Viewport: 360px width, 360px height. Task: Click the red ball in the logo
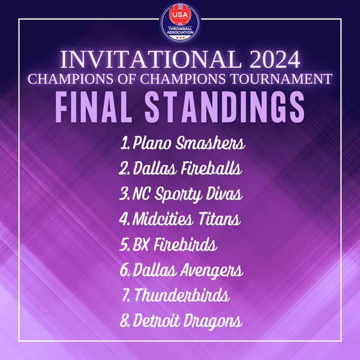[x=180, y=14]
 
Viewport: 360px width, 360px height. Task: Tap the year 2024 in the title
[x=275, y=59]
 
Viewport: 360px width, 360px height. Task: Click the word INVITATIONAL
[x=151, y=59]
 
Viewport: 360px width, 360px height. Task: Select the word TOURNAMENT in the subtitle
[x=281, y=79]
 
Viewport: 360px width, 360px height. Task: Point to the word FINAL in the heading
[x=94, y=107]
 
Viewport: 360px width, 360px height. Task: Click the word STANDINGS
[x=224, y=107]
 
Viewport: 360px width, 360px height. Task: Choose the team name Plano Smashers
[x=189, y=143]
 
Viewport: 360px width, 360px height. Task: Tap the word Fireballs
[x=211, y=168]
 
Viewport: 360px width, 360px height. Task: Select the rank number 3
[x=124, y=193]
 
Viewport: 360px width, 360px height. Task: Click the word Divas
[x=224, y=193]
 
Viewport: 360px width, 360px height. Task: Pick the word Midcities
[x=163, y=219]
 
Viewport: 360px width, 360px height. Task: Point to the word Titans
[x=220, y=219]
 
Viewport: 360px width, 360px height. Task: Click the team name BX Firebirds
[x=175, y=244]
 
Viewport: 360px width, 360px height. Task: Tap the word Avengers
[x=211, y=270]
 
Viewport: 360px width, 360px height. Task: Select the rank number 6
[x=124, y=270]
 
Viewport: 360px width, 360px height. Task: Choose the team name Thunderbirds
[x=182, y=295]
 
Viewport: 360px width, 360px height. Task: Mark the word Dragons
[x=212, y=321]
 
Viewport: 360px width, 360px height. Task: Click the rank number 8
[x=124, y=320]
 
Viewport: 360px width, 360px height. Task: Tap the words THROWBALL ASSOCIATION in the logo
[x=180, y=31]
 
